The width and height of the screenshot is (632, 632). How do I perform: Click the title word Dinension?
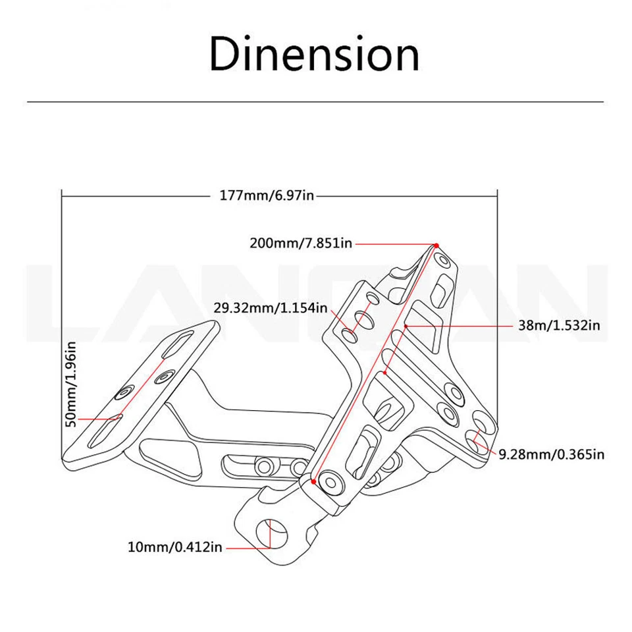click(x=314, y=55)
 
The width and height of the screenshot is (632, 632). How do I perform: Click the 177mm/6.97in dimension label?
click(x=267, y=196)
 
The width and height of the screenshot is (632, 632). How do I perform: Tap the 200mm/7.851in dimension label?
click(x=301, y=243)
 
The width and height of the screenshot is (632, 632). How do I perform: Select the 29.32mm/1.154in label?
click(x=271, y=307)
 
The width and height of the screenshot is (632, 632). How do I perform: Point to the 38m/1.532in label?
click(x=559, y=325)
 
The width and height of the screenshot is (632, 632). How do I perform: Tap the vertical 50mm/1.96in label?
click(x=72, y=384)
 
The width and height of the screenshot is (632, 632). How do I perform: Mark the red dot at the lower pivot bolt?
click(x=314, y=481)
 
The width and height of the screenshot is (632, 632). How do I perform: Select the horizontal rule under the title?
click(x=315, y=102)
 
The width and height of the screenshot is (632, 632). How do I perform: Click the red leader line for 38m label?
click(x=461, y=325)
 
